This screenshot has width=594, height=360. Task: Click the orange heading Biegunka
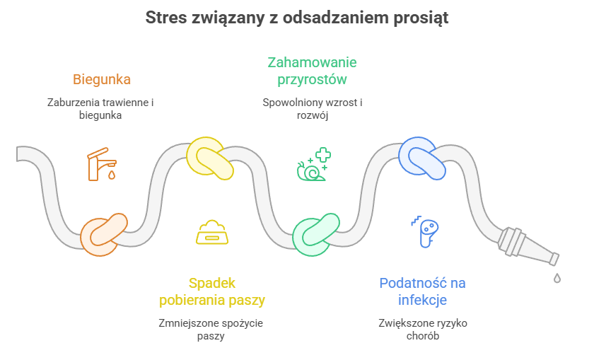[102, 79]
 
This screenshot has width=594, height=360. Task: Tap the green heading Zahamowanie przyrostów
[312, 71]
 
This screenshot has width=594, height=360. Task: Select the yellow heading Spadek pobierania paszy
[211, 291]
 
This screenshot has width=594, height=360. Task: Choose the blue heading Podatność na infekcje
[422, 291]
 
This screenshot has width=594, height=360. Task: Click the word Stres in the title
[165, 18]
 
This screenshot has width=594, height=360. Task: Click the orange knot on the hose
[104, 234]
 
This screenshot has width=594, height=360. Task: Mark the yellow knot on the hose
[209, 157]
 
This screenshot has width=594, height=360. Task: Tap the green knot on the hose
[316, 234]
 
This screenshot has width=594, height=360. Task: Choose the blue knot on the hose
[422, 158]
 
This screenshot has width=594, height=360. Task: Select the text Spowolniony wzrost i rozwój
[312, 108]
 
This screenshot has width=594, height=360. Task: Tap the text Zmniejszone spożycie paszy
[211, 329]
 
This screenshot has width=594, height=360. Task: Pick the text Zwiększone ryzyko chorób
[423, 329]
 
